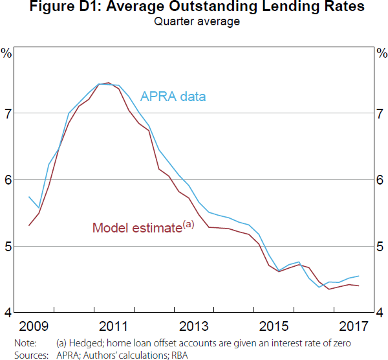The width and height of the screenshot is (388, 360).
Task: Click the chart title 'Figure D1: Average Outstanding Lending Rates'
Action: click(x=194, y=8)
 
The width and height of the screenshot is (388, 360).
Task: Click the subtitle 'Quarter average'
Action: click(x=194, y=21)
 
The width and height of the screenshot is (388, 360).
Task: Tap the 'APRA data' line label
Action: click(x=173, y=97)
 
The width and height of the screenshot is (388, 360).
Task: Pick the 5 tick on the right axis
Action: click(x=380, y=246)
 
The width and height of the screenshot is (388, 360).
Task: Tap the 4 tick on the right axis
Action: click(x=380, y=313)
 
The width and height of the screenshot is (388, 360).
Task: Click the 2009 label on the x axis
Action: click(x=34, y=324)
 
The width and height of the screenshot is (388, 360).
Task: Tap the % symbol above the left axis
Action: click(x=7, y=52)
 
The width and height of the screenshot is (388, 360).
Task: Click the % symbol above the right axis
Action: click(x=380, y=52)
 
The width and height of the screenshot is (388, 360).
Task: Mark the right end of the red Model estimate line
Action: click(x=359, y=286)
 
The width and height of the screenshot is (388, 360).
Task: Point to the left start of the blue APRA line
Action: click(x=29, y=197)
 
